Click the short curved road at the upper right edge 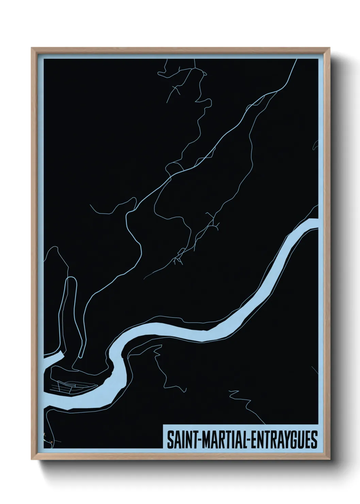(315, 145)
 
